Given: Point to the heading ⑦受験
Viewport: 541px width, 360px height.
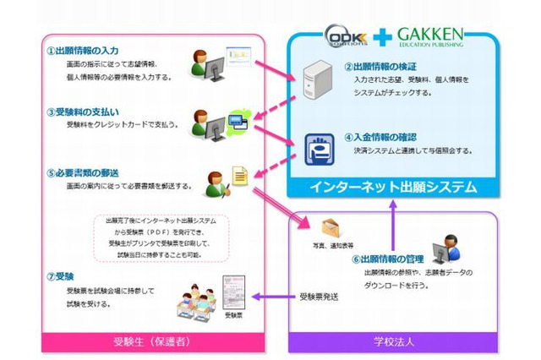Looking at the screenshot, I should click(x=63, y=275).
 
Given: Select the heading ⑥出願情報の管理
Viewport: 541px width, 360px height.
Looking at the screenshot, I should click(x=388, y=259).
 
